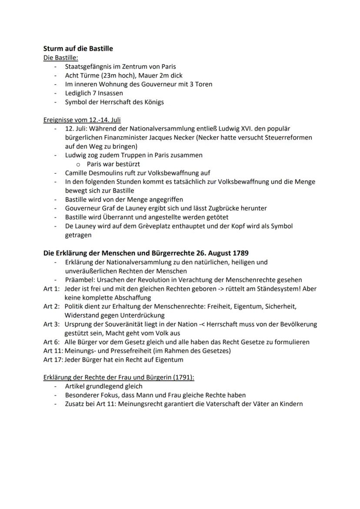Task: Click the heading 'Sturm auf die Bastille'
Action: point(78,49)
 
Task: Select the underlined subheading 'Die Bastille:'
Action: point(60,58)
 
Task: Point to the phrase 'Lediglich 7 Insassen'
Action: point(94,93)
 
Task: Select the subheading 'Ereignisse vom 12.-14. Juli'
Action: point(82,120)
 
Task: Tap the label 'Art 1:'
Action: point(51,289)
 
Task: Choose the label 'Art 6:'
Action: point(51,342)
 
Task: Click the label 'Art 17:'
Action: point(53,359)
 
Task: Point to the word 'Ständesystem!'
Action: point(280,289)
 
